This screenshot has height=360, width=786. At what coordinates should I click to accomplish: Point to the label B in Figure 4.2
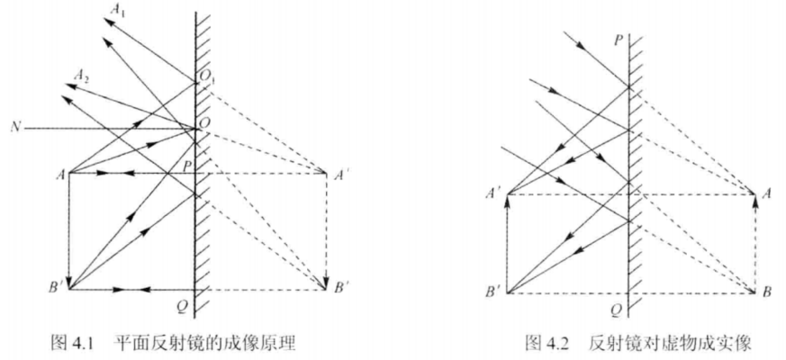point(766,292)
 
